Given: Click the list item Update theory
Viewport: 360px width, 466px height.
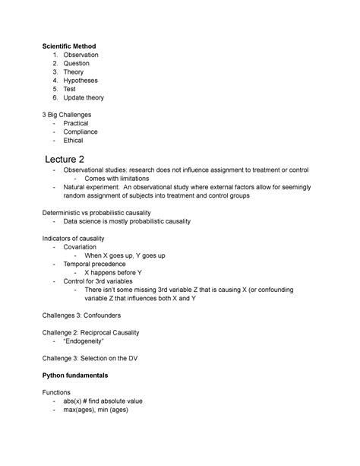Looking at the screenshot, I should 84,98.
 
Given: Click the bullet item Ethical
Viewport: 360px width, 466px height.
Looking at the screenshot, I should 74,140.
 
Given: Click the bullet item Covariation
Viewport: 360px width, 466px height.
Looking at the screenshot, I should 82,247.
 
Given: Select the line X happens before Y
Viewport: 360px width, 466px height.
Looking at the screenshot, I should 114,272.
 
